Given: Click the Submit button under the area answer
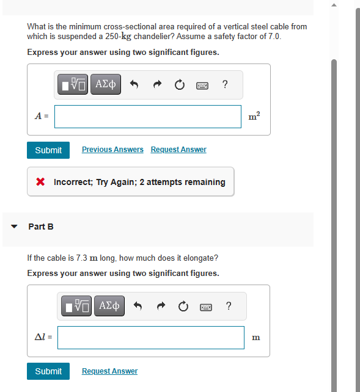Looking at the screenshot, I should click(48, 150).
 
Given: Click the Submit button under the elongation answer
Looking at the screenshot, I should click(48, 371).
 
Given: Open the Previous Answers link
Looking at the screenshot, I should click(112, 150).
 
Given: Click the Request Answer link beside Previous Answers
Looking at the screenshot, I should click(178, 150).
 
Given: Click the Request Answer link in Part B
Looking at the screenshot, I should click(109, 371).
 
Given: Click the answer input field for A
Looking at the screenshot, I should click(148, 117).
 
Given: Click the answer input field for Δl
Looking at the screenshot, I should click(151, 338).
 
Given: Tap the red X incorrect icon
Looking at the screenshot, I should click(40, 182).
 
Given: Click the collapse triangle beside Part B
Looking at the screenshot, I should click(14, 227).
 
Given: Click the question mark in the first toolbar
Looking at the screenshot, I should click(226, 85).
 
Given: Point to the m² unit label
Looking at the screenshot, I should click(251, 116).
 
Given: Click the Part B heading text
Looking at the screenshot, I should click(41, 227).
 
